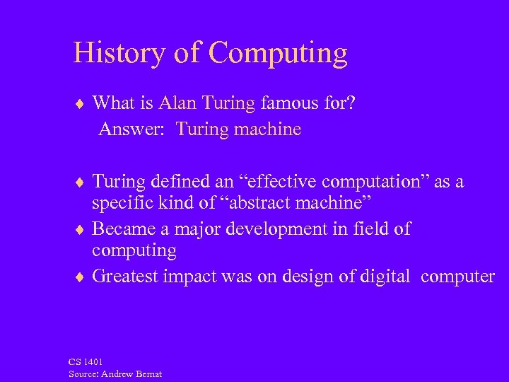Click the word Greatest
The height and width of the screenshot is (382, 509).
(x=124, y=276)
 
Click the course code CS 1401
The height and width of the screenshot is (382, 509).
(x=86, y=361)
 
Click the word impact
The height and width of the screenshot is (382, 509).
(x=187, y=276)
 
